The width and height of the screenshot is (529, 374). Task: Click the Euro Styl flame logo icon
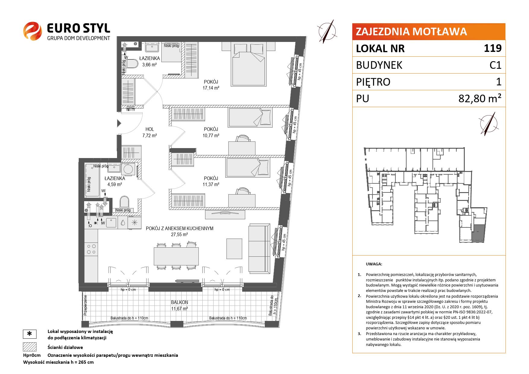pyautogui.click(x=33, y=31)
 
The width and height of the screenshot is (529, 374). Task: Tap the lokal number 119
pyautogui.click(x=493, y=48)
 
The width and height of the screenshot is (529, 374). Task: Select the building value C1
pyautogui.click(x=495, y=65)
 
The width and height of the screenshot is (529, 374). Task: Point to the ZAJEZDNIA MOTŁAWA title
pyautogui.click(x=411, y=31)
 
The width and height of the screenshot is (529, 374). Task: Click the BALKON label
pyautogui.click(x=179, y=302)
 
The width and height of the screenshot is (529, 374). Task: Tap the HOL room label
pyautogui.click(x=150, y=130)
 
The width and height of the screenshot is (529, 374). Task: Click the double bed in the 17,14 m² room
pyautogui.click(x=249, y=64)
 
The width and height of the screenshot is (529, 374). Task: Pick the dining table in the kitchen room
pyautogui.click(x=176, y=256)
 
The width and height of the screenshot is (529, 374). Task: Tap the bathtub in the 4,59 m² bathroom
pyautogui.click(x=92, y=180)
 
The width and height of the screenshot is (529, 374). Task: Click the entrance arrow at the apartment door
pyautogui.click(x=119, y=123)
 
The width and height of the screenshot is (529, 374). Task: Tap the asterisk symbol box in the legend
pyautogui.click(x=30, y=334)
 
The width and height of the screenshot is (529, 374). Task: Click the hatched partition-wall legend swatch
pyautogui.click(x=30, y=347)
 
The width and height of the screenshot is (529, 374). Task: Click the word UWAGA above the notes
pyautogui.click(x=374, y=264)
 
